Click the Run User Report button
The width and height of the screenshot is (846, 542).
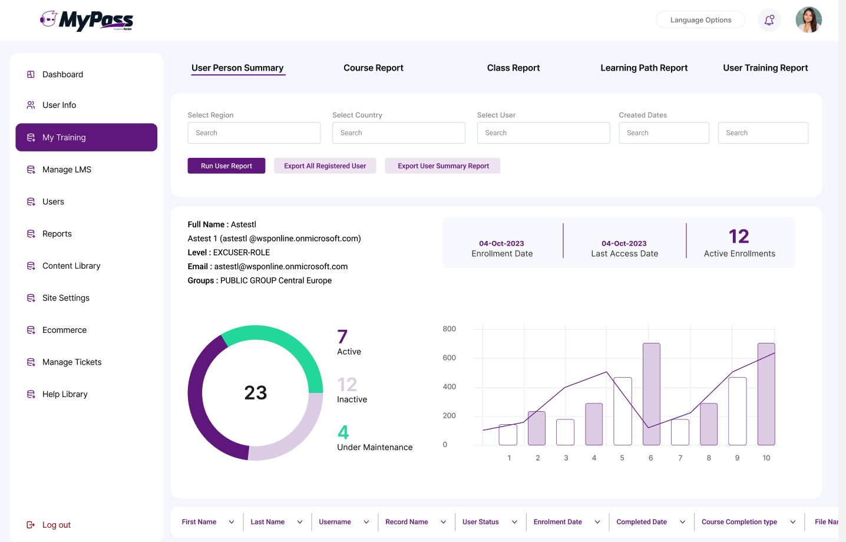pyautogui.click(x=226, y=166)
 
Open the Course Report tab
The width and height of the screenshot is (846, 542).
pyautogui.click(x=374, y=68)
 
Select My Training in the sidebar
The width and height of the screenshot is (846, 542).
pyautogui.click(x=86, y=137)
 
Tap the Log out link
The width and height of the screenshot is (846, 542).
pyautogui.click(x=56, y=525)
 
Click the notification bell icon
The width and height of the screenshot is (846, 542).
pyautogui.click(x=769, y=20)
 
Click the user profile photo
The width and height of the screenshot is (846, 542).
pyautogui.click(x=808, y=20)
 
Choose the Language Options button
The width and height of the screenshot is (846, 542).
pyautogui.click(x=700, y=20)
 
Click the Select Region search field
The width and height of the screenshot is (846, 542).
pyautogui.click(x=254, y=133)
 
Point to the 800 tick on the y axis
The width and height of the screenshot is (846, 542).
pyautogui.click(x=449, y=329)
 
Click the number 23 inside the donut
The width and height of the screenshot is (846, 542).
pyautogui.click(x=256, y=393)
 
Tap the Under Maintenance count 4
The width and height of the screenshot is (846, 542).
pyautogui.click(x=343, y=432)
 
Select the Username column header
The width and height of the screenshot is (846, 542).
pyautogui.click(x=335, y=522)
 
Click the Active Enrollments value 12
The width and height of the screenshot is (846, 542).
pyautogui.click(x=739, y=236)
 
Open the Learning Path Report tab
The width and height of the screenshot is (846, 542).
pyautogui.click(x=644, y=68)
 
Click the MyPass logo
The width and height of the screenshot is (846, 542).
pyautogui.click(x=87, y=20)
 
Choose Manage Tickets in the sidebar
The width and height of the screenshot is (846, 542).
pyautogui.click(x=72, y=362)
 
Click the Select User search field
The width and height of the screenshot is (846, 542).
pyautogui.click(x=543, y=133)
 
